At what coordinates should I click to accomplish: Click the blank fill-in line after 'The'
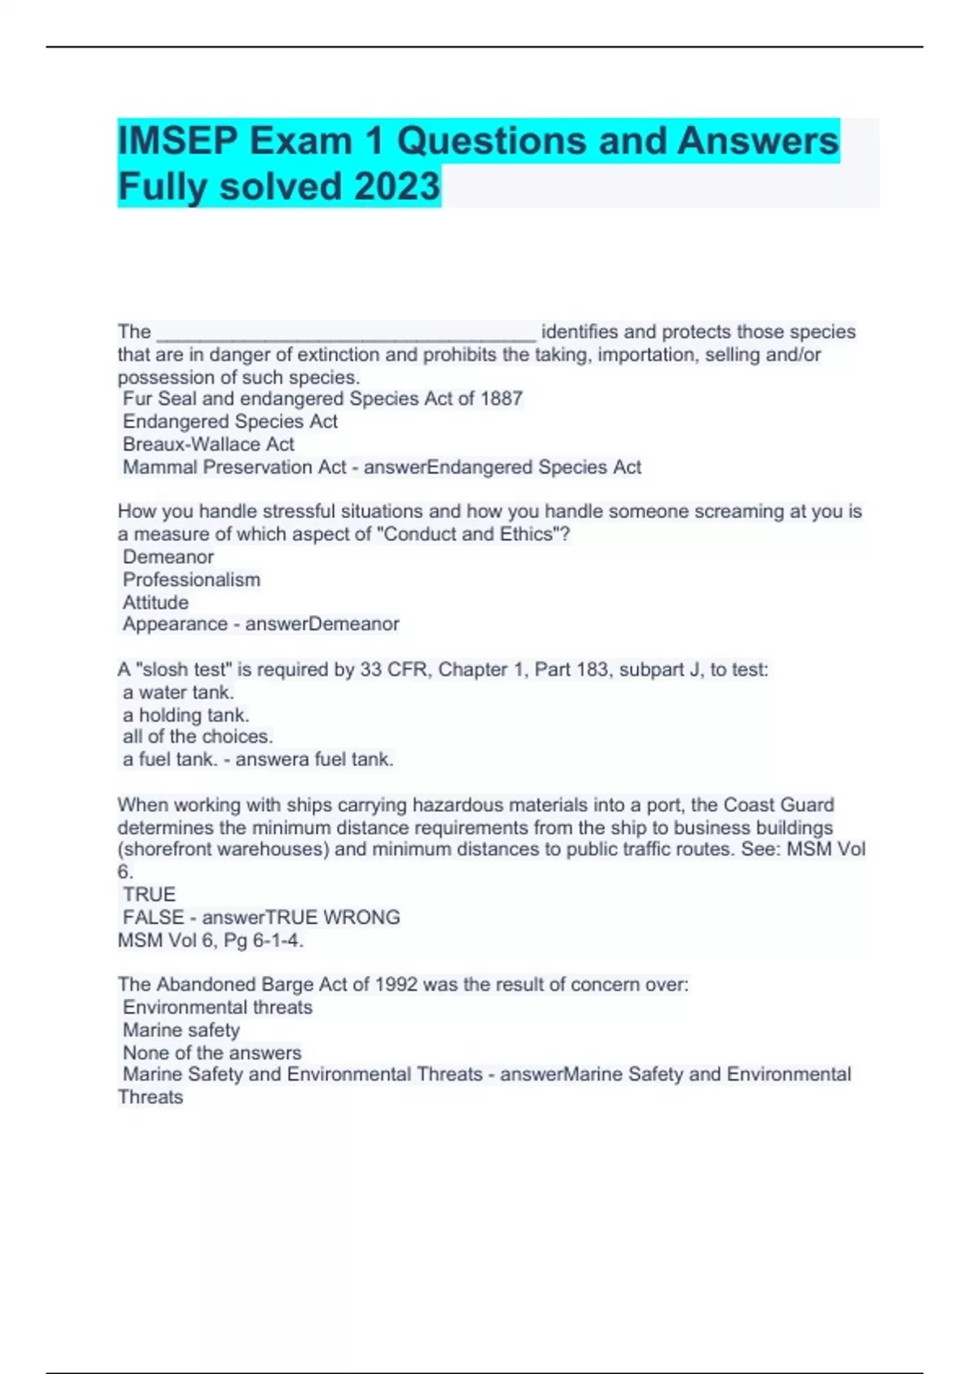(x=345, y=333)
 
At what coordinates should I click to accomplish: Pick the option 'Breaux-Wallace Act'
(x=209, y=445)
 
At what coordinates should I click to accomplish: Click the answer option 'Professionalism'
(x=192, y=580)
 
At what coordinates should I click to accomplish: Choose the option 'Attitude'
(x=156, y=603)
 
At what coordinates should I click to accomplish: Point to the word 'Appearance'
(x=175, y=625)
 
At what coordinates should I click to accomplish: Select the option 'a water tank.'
(x=179, y=693)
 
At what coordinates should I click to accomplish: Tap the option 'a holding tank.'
(x=186, y=715)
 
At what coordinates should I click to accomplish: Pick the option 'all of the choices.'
(x=198, y=737)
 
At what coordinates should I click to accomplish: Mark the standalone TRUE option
(x=150, y=895)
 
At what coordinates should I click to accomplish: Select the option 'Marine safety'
(x=182, y=1030)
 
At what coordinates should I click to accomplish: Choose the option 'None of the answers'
(x=212, y=1053)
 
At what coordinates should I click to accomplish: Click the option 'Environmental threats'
(x=217, y=1008)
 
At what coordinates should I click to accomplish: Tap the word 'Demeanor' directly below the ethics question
(x=168, y=558)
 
